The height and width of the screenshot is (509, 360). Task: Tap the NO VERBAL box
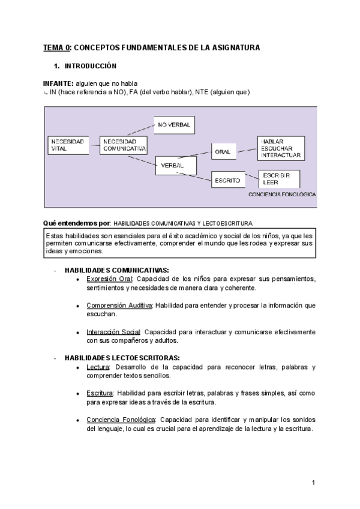click(175, 125)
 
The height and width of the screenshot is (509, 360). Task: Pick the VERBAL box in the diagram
click(176, 165)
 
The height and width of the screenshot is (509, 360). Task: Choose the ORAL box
click(225, 152)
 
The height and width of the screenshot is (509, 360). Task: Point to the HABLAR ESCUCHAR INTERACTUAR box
click(280, 148)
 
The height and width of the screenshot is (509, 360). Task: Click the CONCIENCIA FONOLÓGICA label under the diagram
click(281, 195)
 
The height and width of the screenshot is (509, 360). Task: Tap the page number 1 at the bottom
click(313, 483)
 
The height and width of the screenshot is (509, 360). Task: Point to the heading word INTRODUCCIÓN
click(91, 65)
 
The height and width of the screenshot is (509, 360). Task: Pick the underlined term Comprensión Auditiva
click(119, 306)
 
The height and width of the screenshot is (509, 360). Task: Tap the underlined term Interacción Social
click(113, 332)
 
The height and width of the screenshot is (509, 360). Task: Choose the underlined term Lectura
click(98, 367)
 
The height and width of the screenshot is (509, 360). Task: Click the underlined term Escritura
click(100, 393)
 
